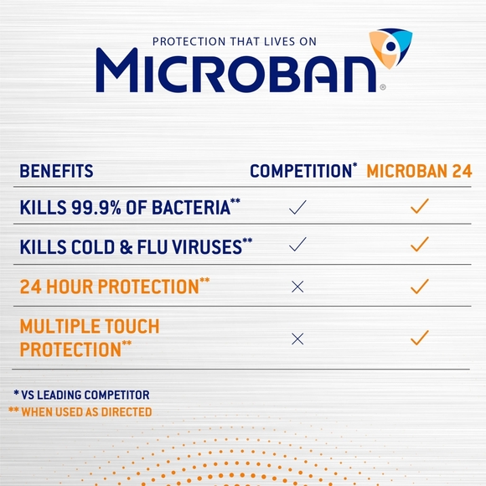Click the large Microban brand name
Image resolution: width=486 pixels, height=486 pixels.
pyautogui.click(x=235, y=70)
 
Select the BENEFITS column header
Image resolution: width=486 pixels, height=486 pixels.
pyautogui.click(x=56, y=172)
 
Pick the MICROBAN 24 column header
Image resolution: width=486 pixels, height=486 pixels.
pyautogui.click(x=419, y=172)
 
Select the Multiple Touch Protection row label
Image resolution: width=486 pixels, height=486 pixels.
pyautogui.click(x=89, y=338)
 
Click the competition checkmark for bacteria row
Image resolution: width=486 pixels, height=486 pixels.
pyautogui.click(x=297, y=207)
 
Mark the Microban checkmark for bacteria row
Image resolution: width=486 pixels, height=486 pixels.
pyautogui.click(x=420, y=206)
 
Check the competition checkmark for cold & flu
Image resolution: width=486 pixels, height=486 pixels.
pyautogui.click(x=297, y=245)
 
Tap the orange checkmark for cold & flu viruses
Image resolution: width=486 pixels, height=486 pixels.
pyautogui.click(x=420, y=245)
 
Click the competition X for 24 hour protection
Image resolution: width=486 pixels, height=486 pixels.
pyautogui.click(x=297, y=287)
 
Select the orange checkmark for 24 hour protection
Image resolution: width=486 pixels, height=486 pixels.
pyautogui.click(x=420, y=286)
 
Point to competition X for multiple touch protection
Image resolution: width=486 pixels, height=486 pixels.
pyautogui.click(x=297, y=339)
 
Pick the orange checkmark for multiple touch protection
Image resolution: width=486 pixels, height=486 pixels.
pyautogui.click(x=420, y=338)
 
